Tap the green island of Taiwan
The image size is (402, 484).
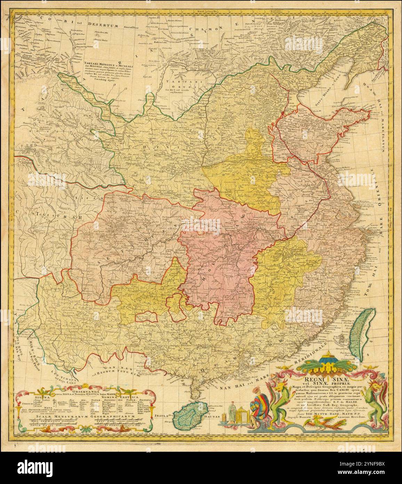[361, 334]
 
